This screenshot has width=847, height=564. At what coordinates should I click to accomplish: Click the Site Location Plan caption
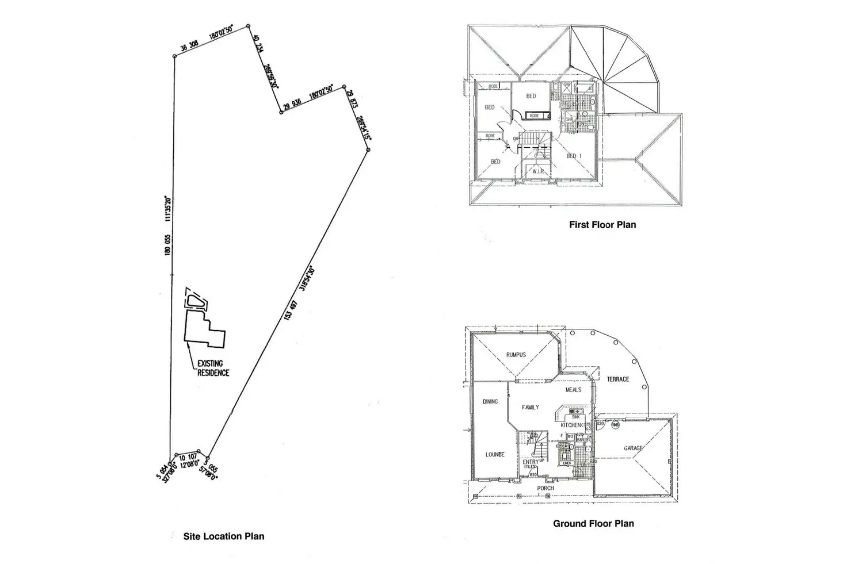pos(223,536)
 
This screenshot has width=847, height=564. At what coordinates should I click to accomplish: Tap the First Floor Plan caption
pos(602,225)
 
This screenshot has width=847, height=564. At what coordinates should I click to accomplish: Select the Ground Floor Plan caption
pos(593,524)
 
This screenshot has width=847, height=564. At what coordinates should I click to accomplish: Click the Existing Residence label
pos(213,368)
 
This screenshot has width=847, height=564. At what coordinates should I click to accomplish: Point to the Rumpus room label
pos(516,355)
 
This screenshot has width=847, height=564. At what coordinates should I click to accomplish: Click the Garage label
pos(634,448)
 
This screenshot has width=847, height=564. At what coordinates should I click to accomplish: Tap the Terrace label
pos(618,379)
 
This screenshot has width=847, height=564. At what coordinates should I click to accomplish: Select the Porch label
pos(545,488)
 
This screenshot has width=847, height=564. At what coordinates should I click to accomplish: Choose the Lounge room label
pos(495,454)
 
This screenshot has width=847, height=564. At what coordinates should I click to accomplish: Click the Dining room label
pos(490,401)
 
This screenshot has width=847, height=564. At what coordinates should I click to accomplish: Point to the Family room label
pos(530,407)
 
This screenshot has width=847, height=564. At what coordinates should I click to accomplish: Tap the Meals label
pos(573,390)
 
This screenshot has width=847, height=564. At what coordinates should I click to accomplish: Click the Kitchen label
pos(571,425)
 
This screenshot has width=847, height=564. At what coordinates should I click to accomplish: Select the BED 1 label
pos(575,156)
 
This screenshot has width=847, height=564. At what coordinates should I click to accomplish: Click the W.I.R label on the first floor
pos(538,171)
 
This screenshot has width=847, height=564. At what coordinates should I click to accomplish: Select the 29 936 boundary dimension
pos(292,103)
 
